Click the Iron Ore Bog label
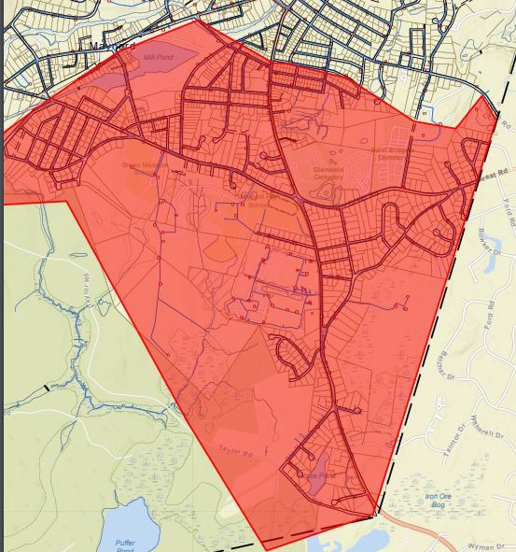coord(438,501)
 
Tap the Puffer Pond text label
coord(125,545)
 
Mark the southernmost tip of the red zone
coord(262,548)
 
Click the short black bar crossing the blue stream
coord(43,385)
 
